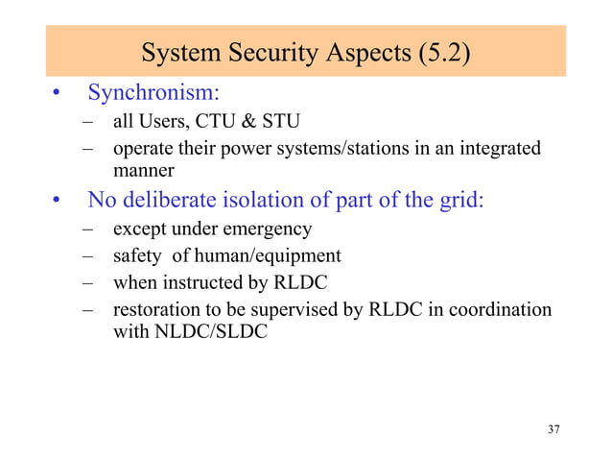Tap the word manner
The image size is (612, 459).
coord(144,171)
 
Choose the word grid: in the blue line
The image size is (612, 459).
coord(458,202)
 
